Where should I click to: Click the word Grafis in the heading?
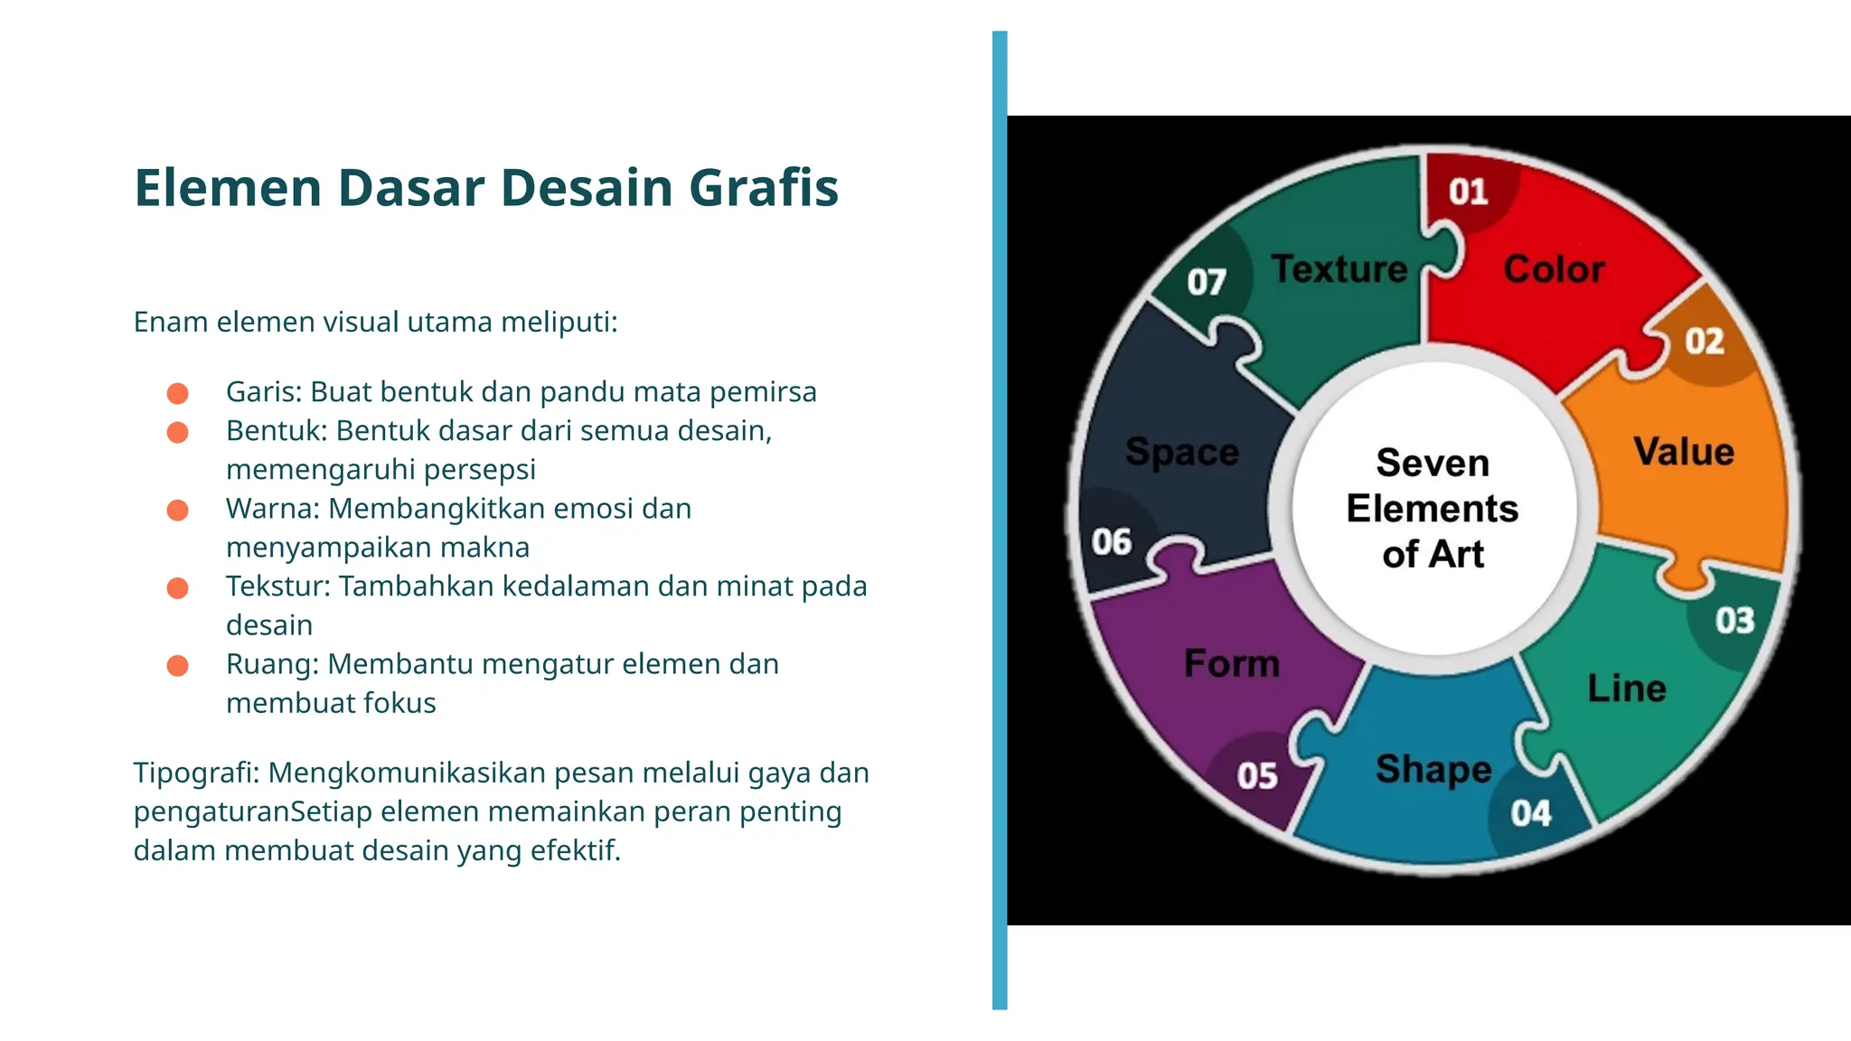(764, 188)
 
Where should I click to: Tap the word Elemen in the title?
(228, 188)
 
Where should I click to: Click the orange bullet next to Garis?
(178, 393)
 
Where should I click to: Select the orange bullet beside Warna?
(178, 510)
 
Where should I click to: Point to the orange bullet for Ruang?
(178, 665)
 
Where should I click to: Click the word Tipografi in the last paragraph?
(195, 774)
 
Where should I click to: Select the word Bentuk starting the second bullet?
(276, 431)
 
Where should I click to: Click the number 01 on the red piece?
(1468, 192)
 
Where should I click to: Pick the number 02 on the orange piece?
(1704, 342)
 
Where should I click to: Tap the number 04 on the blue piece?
(1530, 813)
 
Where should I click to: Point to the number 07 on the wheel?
(1207, 282)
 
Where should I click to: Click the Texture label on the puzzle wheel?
(1339, 269)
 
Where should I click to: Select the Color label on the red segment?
(1554, 269)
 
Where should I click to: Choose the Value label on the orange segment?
(1683, 452)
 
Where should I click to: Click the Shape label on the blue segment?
(1433, 769)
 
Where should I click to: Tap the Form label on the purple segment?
(1232, 664)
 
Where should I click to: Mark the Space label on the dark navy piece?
(1181, 452)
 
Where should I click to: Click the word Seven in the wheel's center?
(1433, 463)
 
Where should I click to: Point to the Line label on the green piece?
(1627, 689)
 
